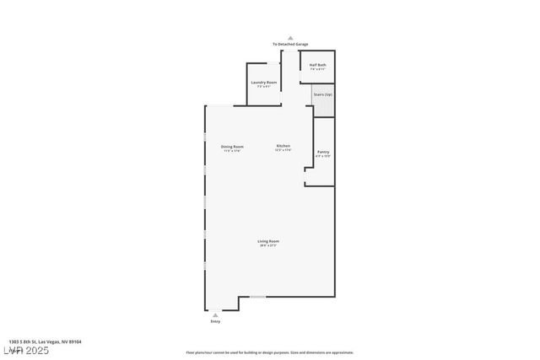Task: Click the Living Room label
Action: point(268,241)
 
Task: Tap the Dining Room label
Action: point(232,147)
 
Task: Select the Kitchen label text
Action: point(283,147)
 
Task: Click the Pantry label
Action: point(323,152)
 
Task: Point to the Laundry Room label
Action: point(264,82)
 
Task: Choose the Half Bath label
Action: point(317,65)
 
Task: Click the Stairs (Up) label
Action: point(322,94)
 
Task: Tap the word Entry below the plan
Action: point(215,322)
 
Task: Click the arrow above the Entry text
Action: point(215,314)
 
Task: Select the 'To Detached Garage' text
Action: point(289,44)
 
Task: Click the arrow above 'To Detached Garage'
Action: point(289,37)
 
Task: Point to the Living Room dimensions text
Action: point(268,245)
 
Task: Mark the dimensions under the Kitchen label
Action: point(283,151)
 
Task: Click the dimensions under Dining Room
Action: point(232,151)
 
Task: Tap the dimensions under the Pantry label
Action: point(323,156)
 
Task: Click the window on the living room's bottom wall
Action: point(257,296)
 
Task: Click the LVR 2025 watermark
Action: point(27,350)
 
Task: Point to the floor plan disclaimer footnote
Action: point(269,352)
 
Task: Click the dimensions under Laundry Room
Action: point(264,86)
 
